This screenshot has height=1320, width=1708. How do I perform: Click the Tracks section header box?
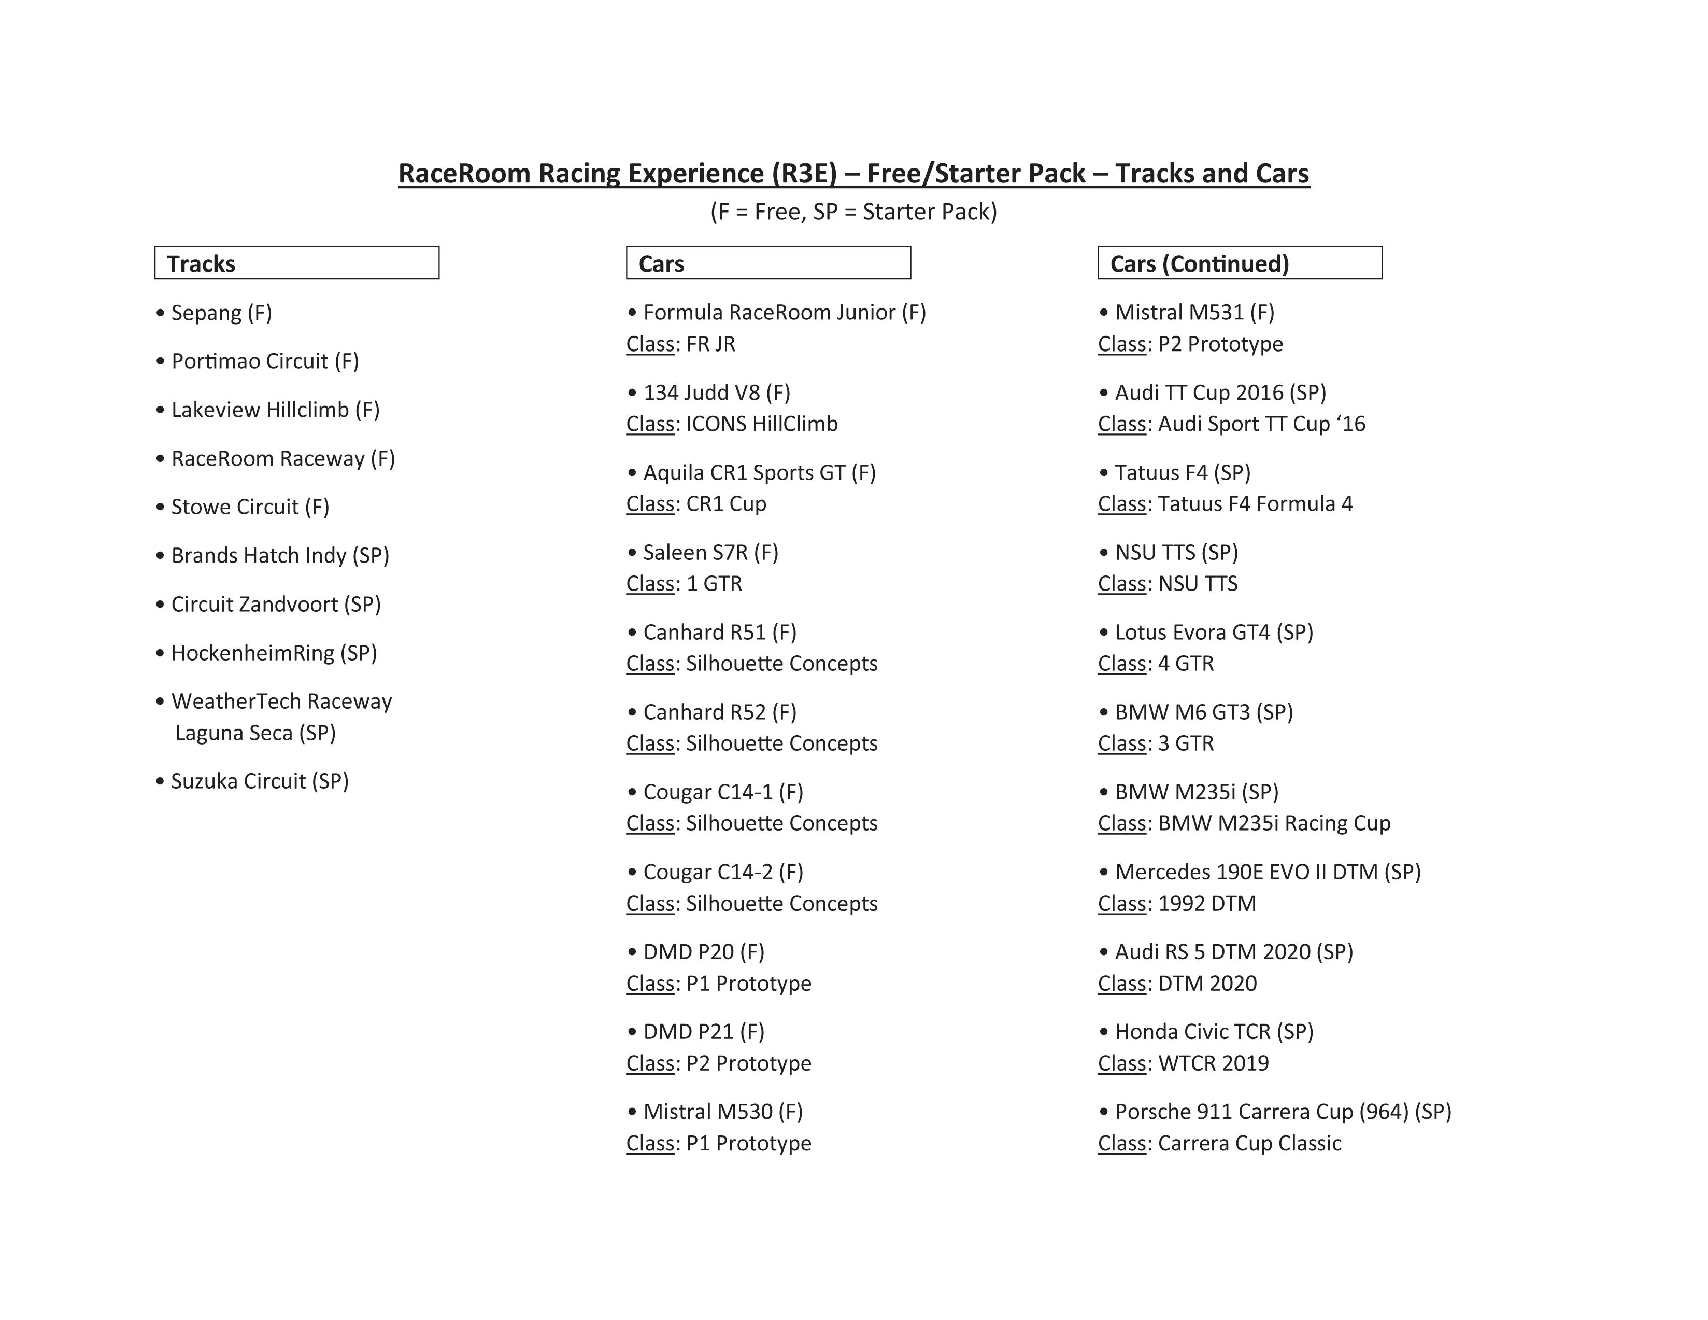click(x=296, y=263)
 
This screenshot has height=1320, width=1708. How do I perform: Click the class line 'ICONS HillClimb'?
click(x=732, y=424)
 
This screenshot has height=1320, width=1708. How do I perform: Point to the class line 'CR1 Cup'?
click(x=696, y=504)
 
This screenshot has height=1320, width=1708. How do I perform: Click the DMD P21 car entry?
click(x=703, y=1031)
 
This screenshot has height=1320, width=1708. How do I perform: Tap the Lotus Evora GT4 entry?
click(x=1213, y=632)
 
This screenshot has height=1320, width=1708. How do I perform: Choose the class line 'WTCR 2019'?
click(x=1183, y=1063)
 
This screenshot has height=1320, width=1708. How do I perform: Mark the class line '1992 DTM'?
click(x=1177, y=904)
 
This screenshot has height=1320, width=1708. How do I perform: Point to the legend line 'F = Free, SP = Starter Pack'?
click(x=853, y=212)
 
